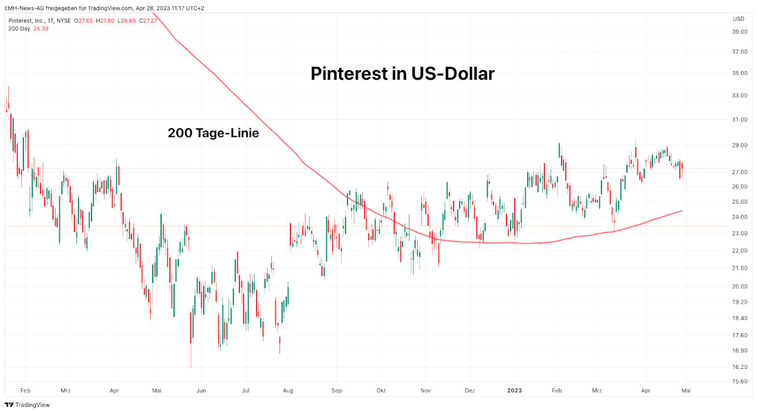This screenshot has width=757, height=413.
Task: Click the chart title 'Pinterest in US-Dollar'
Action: pos(403,74)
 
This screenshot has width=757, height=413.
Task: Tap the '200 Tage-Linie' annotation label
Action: pos(213,134)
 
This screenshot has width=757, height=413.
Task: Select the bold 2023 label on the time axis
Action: pos(515,390)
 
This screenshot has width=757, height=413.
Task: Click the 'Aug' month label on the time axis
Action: pos(288,390)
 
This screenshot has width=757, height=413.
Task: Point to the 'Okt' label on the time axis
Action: pos(381,390)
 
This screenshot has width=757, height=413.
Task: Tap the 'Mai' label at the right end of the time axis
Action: pos(686,390)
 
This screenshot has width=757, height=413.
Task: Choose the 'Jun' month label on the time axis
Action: pos(202,390)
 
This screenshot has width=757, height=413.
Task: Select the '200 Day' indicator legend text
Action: pos(19,29)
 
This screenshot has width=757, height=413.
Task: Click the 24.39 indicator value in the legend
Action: pos(41,29)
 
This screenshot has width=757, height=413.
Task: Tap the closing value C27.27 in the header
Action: pos(148,21)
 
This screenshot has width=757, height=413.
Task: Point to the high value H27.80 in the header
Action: pos(107,21)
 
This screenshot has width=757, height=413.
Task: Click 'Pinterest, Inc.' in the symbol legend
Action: pos(27,21)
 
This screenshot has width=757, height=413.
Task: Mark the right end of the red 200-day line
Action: pos(682,211)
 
